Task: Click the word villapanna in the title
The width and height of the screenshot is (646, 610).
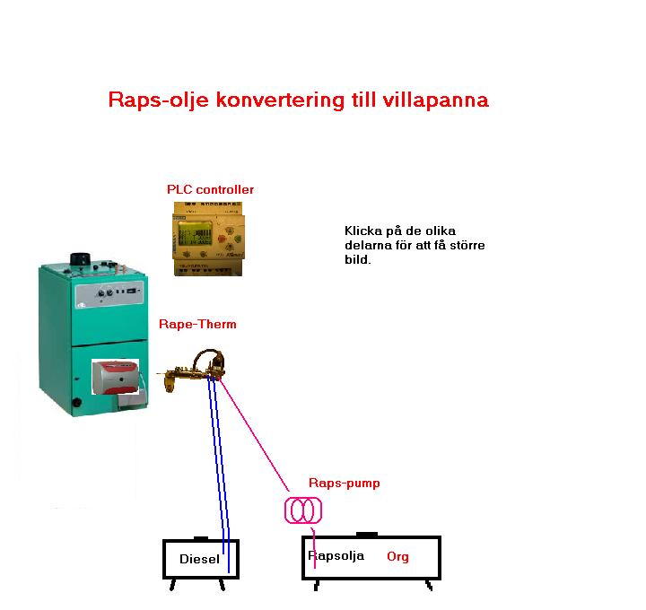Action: pyautogui.click(x=436, y=100)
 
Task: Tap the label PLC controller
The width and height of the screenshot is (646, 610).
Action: pyautogui.click(x=210, y=189)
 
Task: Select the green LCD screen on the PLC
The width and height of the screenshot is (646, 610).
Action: pyautogui.click(x=195, y=233)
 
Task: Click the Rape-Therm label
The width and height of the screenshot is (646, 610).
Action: pyautogui.click(x=197, y=324)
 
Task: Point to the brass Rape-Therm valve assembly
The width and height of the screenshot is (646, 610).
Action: pyautogui.click(x=192, y=370)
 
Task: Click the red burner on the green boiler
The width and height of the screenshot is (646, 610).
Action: pyautogui.click(x=116, y=378)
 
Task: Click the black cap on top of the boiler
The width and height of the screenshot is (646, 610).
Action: pyautogui.click(x=81, y=258)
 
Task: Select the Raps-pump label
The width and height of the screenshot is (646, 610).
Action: pyautogui.click(x=344, y=483)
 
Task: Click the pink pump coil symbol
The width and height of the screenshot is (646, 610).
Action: pyautogui.click(x=303, y=510)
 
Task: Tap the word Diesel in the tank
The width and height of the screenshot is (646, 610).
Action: pyautogui.click(x=199, y=559)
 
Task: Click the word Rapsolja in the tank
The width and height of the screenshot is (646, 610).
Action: pyautogui.click(x=336, y=555)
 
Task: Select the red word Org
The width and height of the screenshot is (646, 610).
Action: pyautogui.click(x=397, y=556)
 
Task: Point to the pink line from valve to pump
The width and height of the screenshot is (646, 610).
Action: pyautogui.click(x=254, y=434)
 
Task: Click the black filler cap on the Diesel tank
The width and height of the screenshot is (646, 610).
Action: pyautogui.click(x=201, y=538)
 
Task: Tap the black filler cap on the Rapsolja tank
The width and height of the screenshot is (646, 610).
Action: pyautogui.click(x=367, y=535)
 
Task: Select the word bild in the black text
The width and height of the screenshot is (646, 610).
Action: pyautogui.click(x=358, y=259)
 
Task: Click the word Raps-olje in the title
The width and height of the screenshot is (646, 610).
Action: pyautogui.click(x=159, y=100)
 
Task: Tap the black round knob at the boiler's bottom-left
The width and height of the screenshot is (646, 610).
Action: pyautogui.click(x=76, y=403)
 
